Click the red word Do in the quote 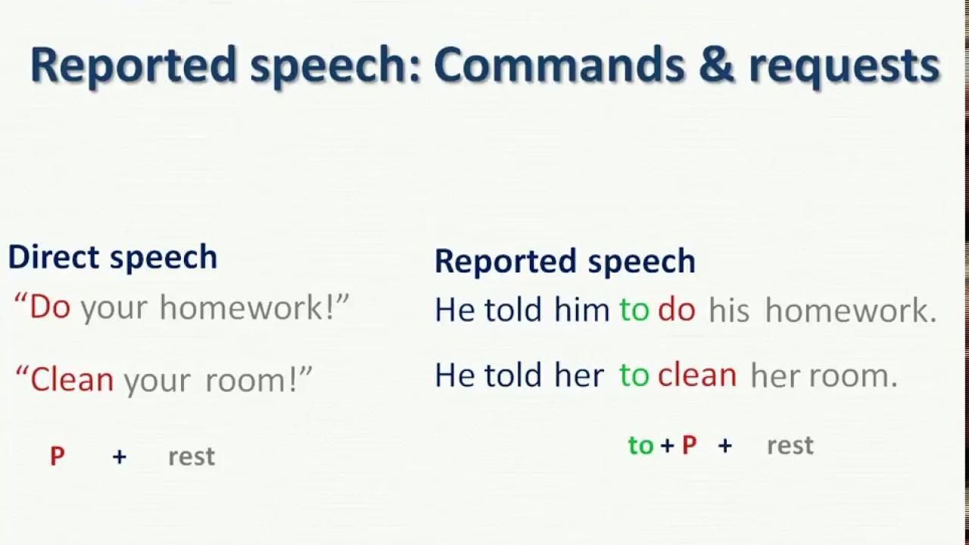[50, 307]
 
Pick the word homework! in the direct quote [248, 307]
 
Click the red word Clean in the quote [72, 379]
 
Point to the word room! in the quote [251, 380]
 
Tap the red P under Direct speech [58, 456]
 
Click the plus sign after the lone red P [120, 456]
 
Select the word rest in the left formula [192, 456]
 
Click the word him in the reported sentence [582, 310]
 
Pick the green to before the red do [634, 310]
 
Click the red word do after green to [677, 310]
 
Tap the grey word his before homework [729, 310]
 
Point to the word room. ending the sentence [853, 376]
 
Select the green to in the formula [640, 445]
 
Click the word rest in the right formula [790, 446]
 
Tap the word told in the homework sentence [513, 310]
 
